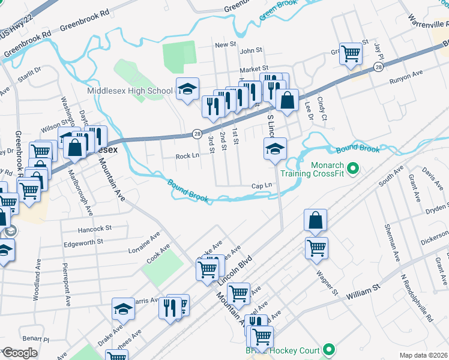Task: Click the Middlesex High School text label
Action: coord(130,91)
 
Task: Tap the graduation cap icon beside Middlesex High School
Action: coord(187,89)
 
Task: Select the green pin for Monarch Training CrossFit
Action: coord(353,169)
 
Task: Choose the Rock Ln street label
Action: coord(187,156)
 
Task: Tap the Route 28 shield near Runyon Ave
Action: coord(378,67)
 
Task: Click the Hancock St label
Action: coord(95,229)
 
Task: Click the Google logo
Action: coord(20,353)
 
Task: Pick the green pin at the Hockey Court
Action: coord(328,349)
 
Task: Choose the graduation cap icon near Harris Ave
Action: coord(123,308)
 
